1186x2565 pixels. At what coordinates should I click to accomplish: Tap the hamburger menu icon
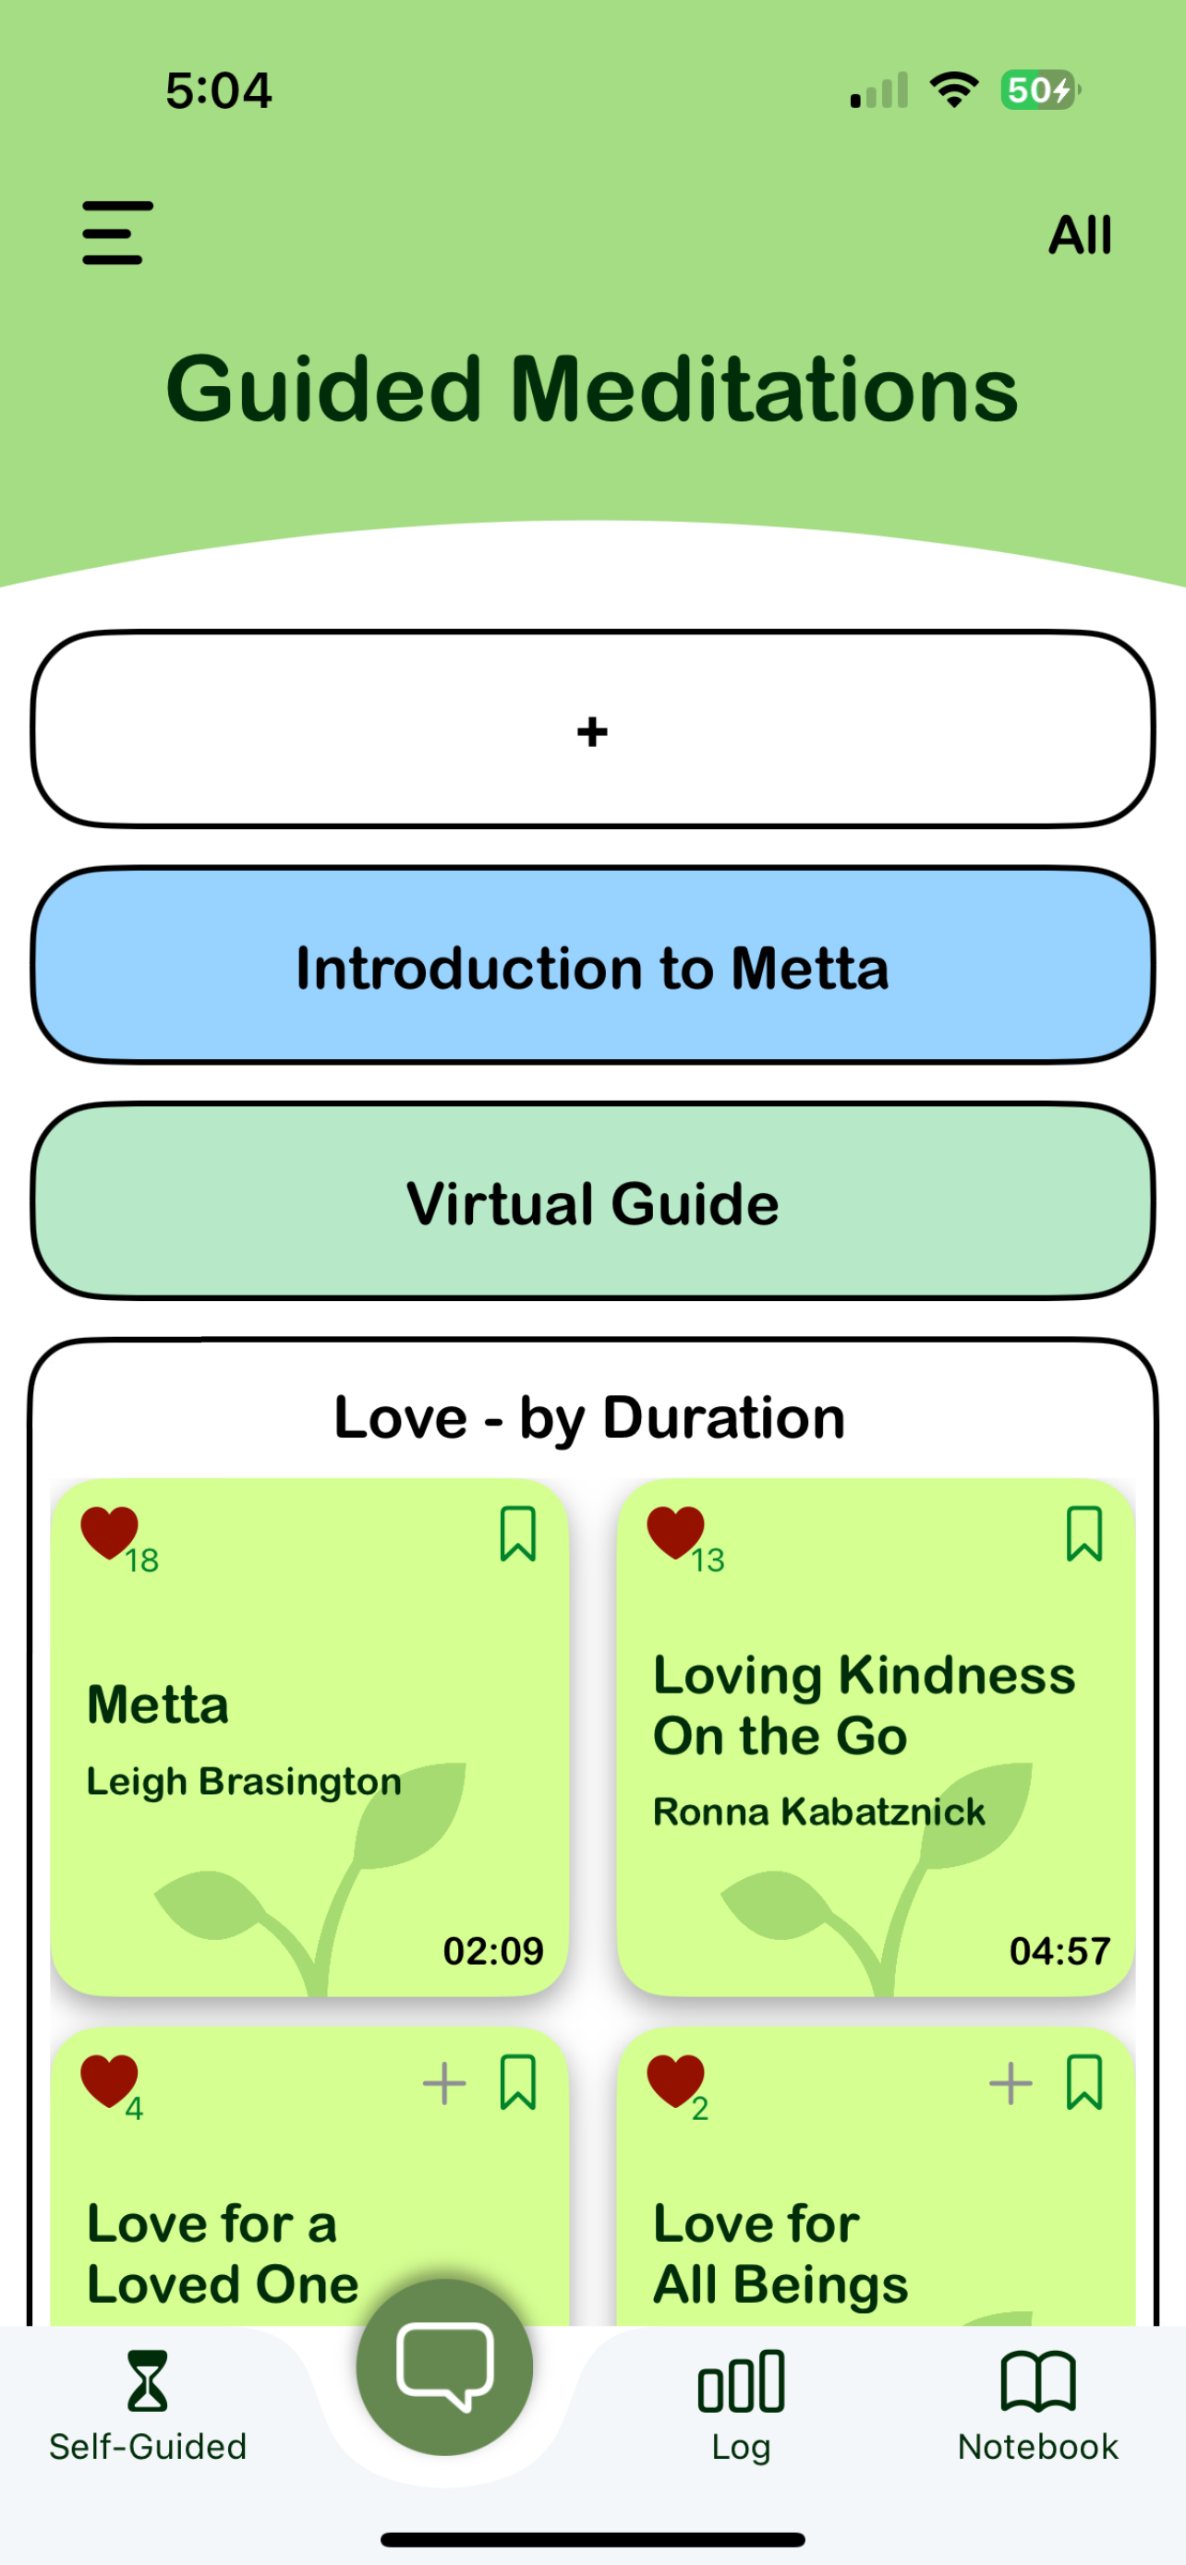pos(117,233)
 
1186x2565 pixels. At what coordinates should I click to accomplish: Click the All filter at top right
pos(1080,236)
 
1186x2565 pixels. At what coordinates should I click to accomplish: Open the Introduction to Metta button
pos(592,966)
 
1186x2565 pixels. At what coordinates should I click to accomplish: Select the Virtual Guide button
pos(592,1202)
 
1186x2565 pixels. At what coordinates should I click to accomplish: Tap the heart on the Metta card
pos(109,1532)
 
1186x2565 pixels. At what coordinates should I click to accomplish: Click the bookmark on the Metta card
pos(518,1534)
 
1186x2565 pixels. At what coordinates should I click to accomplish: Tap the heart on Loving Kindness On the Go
pos(675,1532)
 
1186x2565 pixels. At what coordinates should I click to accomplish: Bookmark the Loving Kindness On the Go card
pos(1084,1534)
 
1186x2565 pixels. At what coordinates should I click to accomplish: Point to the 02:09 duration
pos(493,1951)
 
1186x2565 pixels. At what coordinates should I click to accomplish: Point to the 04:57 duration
pos(1059,1951)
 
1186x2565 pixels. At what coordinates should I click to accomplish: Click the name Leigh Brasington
pos(244,1781)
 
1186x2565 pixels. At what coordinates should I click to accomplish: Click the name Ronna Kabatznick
pos(818,1812)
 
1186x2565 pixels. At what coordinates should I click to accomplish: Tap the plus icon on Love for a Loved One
pos(444,2083)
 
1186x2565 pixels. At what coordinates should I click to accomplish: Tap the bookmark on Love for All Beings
pos(1084,2082)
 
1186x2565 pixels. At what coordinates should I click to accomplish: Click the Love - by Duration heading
pos(589,1417)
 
